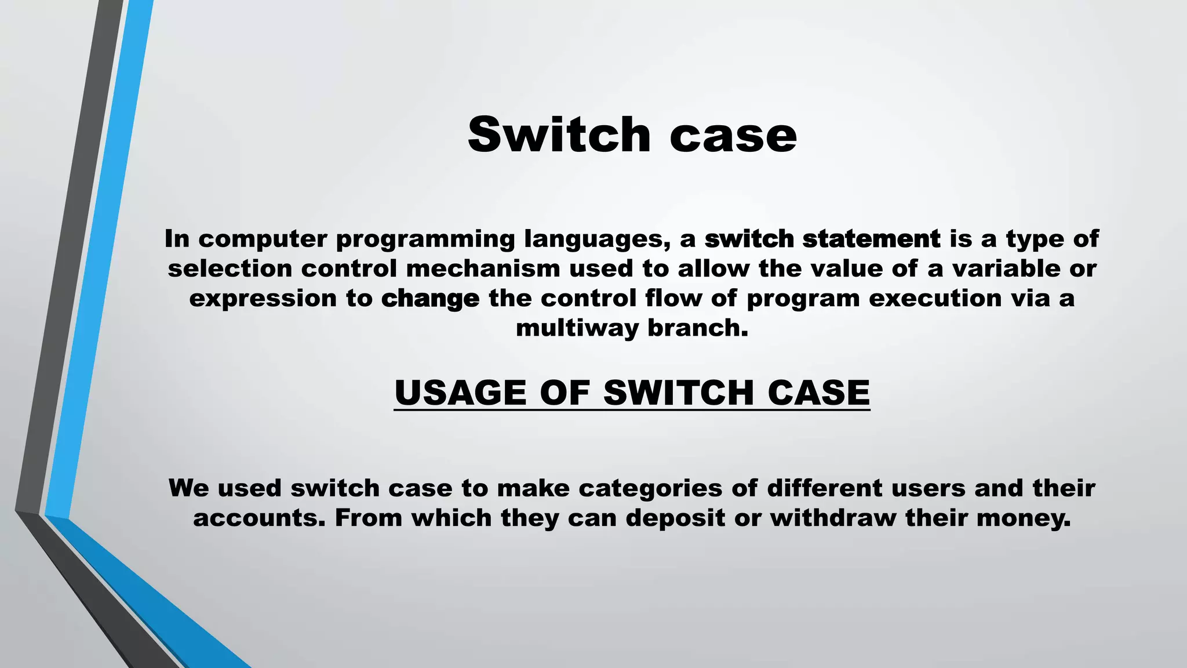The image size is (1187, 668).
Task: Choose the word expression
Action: [263, 299]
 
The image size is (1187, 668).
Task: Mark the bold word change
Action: [431, 299]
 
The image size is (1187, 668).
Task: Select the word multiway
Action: [577, 328]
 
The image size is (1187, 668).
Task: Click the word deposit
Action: [675, 518]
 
